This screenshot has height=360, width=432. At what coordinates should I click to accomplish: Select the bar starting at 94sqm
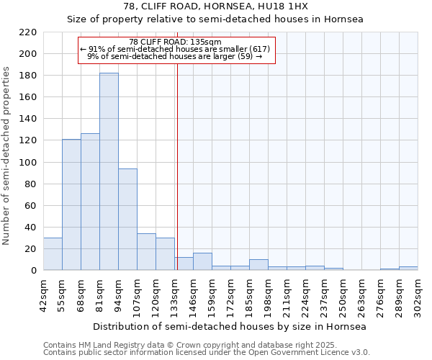[x=127, y=220]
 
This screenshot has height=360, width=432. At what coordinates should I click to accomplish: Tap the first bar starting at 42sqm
[x=53, y=254]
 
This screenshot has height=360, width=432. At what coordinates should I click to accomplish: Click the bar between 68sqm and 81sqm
[x=90, y=202]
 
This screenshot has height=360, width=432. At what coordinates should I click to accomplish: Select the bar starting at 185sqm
[x=258, y=265]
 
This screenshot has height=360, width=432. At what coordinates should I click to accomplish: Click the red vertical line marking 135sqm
[x=176, y=166]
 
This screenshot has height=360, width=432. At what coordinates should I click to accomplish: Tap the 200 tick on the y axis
[x=28, y=54]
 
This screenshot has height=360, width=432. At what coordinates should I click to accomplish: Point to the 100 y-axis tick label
[x=28, y=163]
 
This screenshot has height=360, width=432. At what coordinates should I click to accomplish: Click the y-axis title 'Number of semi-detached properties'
[x=7, y=156]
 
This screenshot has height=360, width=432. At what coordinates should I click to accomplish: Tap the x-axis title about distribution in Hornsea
[x=230, y=326]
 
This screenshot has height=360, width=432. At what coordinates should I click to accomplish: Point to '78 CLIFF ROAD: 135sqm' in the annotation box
[x=176, y=42]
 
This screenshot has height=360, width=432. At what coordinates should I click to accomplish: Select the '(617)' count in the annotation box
[x=258, y=49]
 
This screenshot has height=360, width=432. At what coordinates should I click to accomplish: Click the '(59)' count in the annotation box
[x=245, y=56]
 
